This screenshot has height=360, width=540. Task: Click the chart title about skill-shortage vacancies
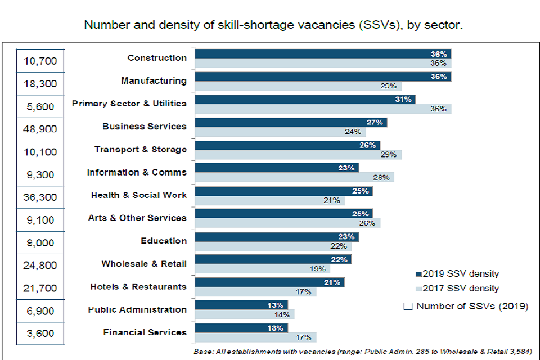click(273, 25)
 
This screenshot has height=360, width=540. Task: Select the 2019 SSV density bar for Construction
click(322, 54)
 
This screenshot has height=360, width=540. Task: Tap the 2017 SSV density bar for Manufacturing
click(298, 86)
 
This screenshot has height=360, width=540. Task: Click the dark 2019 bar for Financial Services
click(241, 328)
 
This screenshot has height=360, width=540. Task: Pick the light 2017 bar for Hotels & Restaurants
click(255, 292)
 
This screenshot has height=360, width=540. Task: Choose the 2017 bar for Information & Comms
click(294, 177)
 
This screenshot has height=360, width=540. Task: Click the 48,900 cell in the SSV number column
click(40, 129)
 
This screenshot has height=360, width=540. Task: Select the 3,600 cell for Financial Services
click(40, 334)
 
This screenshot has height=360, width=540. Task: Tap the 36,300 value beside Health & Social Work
click(40, 197)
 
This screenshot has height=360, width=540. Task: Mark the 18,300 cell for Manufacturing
click(40, 83)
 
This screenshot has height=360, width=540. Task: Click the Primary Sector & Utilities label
click(129, 103)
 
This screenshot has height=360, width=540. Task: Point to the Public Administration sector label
click(137, 309)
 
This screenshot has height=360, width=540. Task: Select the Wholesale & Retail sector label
click(144, 263)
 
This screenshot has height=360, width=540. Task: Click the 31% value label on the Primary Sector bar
click(405, 100)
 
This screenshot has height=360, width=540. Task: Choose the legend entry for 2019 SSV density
click(457, 274)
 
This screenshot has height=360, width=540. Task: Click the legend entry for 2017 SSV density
click(457, 289)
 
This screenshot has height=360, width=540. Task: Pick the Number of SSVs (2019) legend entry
click(466, 307)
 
